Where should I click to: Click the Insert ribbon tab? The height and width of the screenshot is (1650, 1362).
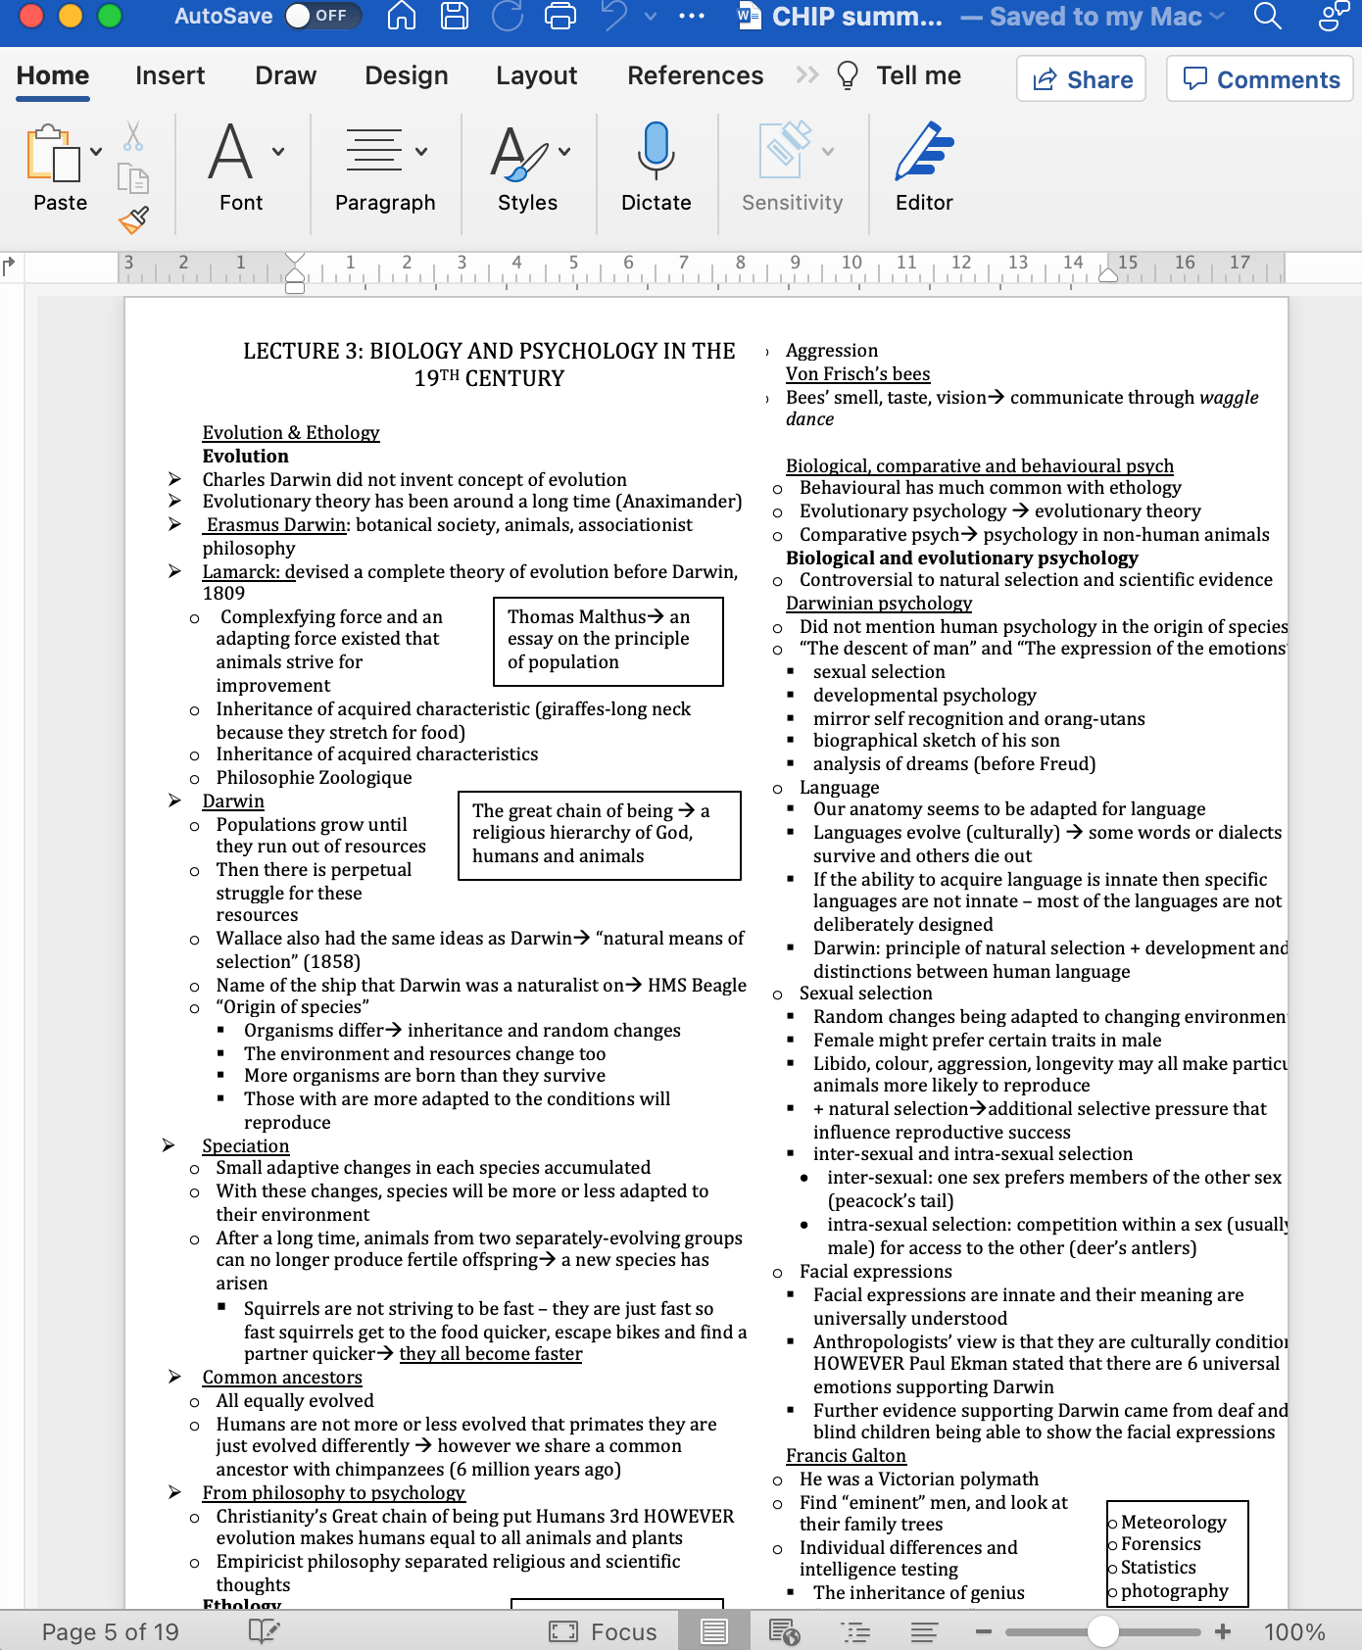pyautogui.click(x=170, y=75)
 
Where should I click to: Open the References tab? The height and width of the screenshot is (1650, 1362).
pyautogui.click(x=695, y=75)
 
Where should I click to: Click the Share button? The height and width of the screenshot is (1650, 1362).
pyautogui.click(x=1082, y=79)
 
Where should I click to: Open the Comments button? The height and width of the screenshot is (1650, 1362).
pyautogui.click(x=1260, y=79)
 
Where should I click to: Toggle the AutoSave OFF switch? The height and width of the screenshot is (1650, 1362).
pyautogui.click(x=321, y=16)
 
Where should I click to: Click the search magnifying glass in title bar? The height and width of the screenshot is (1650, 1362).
pyautogui.click(x=1267, y=16)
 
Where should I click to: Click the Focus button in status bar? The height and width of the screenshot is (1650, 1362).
pyautogui.click(x=604, y=1631)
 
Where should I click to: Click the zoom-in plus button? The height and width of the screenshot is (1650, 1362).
pyautogui.click(x=1223, y=1631)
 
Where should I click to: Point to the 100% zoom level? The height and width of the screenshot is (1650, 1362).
pyautogui.click(x=1293, y=1631)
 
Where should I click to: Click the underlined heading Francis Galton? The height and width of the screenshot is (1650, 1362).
pyautogui.click(x=846, y=1455)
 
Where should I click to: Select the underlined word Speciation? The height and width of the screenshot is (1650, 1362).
pyautogui.click(x=246, y=1145)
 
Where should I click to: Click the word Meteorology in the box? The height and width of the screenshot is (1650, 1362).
pyautogui.click(x=1173, y=1522)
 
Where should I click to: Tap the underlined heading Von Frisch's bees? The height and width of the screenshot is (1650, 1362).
pyautogui.click(x=857, y=373)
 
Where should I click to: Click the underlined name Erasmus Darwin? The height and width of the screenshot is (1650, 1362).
pyautogui.click(x=276, y=524)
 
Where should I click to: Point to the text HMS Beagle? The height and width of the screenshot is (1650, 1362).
pyautogui.click(x=697, y=985)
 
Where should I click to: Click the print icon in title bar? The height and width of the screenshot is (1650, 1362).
pyautogui.click(x=560, y=16)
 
